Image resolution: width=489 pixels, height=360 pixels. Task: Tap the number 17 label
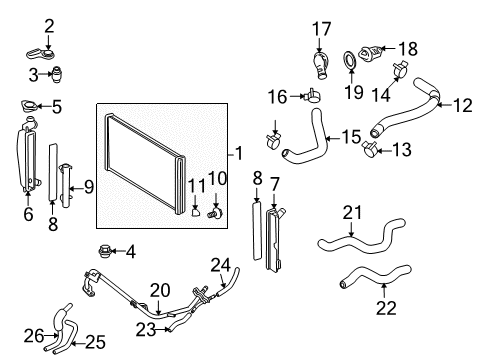click(321, 28)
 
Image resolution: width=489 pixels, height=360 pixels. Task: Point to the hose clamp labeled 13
click(369, 151)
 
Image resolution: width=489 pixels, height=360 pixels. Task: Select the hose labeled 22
click(371, 274)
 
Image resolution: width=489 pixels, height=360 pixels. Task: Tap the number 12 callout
click(462, 104)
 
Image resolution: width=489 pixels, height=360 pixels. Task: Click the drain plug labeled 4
click(103, 250)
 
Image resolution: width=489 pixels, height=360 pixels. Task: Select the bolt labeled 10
click(213, 212)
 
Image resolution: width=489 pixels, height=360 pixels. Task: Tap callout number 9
click(89, 185)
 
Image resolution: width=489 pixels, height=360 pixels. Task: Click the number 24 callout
click(219, 264)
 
